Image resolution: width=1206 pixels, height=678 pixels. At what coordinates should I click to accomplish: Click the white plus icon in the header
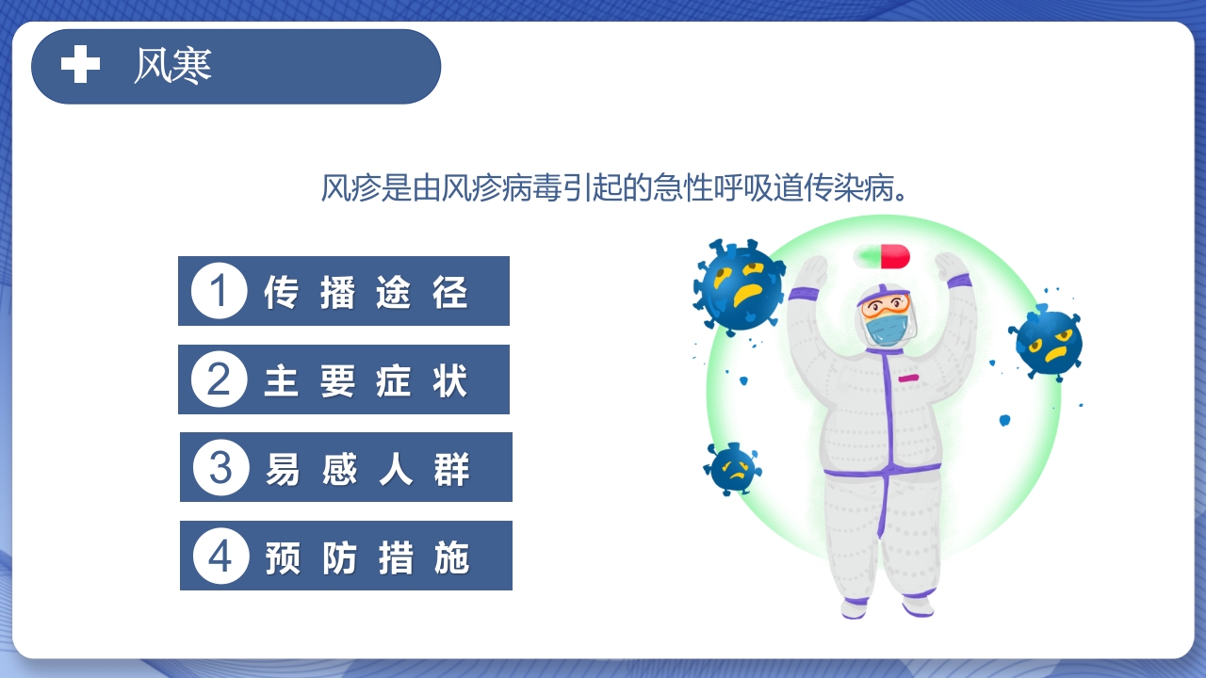pyautogui.click(x=80, y=65)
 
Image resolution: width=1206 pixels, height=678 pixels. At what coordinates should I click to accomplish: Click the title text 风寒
pyautogui.click(x=173, y=65)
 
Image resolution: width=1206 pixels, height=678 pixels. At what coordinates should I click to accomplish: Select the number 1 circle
pyautogui.click(x=219, y=291)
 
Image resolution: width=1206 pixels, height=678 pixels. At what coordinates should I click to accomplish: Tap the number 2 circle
pyautogui.click(x=219, y=379)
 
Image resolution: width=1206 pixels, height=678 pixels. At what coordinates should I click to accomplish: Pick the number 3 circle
pyautogui.click(x=220, y=467)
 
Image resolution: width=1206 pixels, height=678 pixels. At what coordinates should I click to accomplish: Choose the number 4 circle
pyautogui.click(x=220, y=556)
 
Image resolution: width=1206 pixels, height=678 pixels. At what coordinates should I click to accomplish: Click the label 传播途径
pyautogui.click(x=366, y=292)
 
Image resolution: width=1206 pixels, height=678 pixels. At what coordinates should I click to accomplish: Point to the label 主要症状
pyautogui.click(x=366, y=380)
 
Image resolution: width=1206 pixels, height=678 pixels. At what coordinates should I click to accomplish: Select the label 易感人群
pyautogui.click(x=367, y=468)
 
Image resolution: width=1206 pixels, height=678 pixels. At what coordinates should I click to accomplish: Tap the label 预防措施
pyautogui.click(x=367, y=557)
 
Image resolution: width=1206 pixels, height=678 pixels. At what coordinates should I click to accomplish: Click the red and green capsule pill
pyautogui.click(x=882, y=256)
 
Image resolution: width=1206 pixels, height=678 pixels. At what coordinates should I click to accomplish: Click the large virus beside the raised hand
pyautogui.click(x=739, y=284)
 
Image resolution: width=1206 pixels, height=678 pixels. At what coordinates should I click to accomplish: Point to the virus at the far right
pyautogui.click(x=1048, y=341)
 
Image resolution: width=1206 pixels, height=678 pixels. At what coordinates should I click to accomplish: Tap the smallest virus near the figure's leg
pyautogui.click(x=733, y=468)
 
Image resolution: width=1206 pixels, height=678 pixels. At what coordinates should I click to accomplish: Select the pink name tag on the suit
pyautogui.click(x=908, y=378)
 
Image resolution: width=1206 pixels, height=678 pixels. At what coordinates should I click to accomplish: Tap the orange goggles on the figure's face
pyautogui.click(x=887, y=305)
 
